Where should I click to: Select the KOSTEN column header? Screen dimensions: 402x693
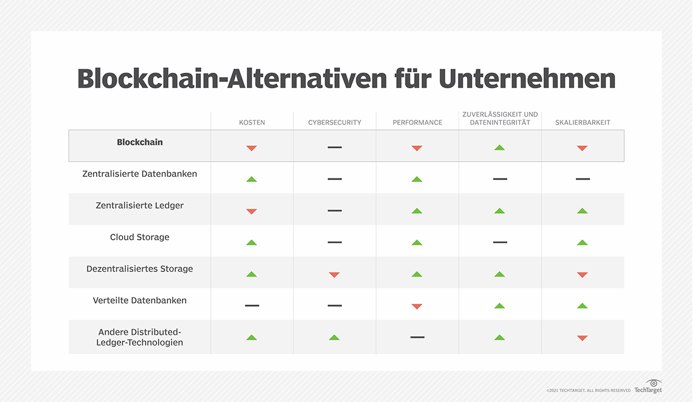(x=252, y=122)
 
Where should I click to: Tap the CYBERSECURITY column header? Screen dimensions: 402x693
(x=334, y=122)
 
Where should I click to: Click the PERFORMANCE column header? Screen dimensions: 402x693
(x=417, y=122)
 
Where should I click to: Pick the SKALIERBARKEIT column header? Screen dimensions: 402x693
(x=582, y=122)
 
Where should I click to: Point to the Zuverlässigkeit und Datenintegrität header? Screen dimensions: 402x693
(x=500, y=118)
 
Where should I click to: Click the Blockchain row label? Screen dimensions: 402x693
(x=140, y=142)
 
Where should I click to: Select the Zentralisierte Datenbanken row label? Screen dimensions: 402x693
(x=140, y=174)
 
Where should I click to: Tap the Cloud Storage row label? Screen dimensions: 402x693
(x=140, y=237)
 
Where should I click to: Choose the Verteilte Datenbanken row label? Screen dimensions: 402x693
(x=140, y=301)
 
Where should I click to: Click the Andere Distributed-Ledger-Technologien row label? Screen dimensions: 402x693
(x=140, y=337)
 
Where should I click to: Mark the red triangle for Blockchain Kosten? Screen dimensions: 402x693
(x=251, y=148)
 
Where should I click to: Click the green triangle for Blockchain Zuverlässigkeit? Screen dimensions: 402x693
(x=500, y=147)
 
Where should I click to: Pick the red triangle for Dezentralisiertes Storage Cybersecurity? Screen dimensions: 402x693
(x=334, y=275)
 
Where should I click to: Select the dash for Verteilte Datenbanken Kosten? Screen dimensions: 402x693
(x=252, y=305)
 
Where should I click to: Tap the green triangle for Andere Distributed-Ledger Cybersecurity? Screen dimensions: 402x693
(x=334, y=337)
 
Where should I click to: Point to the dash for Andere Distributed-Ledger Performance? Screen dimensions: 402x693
(x=417, y=337)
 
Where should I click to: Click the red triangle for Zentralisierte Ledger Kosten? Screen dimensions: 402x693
(x=251, y=212)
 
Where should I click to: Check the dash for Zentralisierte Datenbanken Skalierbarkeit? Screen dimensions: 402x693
(x=583, y=179)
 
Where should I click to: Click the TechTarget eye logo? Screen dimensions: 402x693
(x=654, y=383)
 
